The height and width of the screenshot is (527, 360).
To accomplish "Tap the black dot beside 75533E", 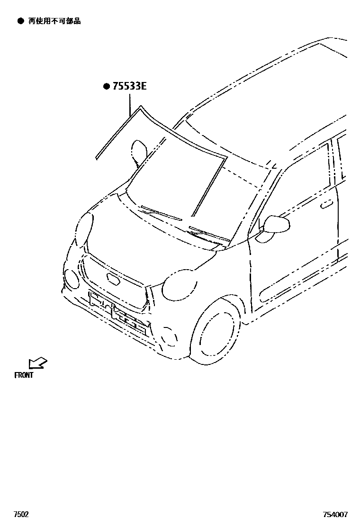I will [107, 86].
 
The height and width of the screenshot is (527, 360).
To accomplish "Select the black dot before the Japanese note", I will [20, 21].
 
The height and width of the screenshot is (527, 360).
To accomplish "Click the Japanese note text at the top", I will [54, 21].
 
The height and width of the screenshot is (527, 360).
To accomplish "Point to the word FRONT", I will [24, 375].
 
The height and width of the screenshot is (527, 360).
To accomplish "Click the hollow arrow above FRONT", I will [37, 363].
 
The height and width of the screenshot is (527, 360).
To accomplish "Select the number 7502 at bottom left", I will [21, 514].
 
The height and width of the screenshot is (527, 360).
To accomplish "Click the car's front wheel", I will [216, 334].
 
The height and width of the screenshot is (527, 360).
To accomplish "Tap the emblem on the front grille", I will [114, 278].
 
